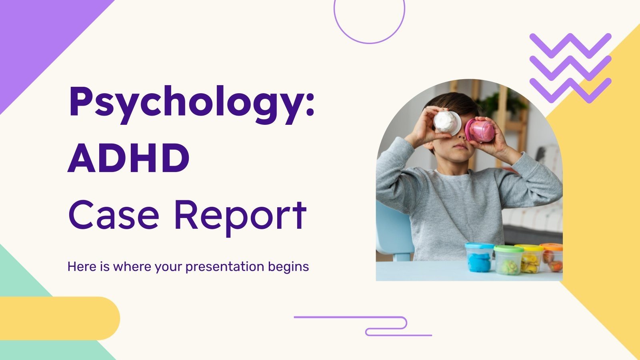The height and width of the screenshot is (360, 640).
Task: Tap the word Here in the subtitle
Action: (x=82, y=266)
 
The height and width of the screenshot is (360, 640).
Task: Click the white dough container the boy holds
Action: (x=447, y=122)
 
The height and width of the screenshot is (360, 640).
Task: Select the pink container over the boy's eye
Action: (x=480, y=130)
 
